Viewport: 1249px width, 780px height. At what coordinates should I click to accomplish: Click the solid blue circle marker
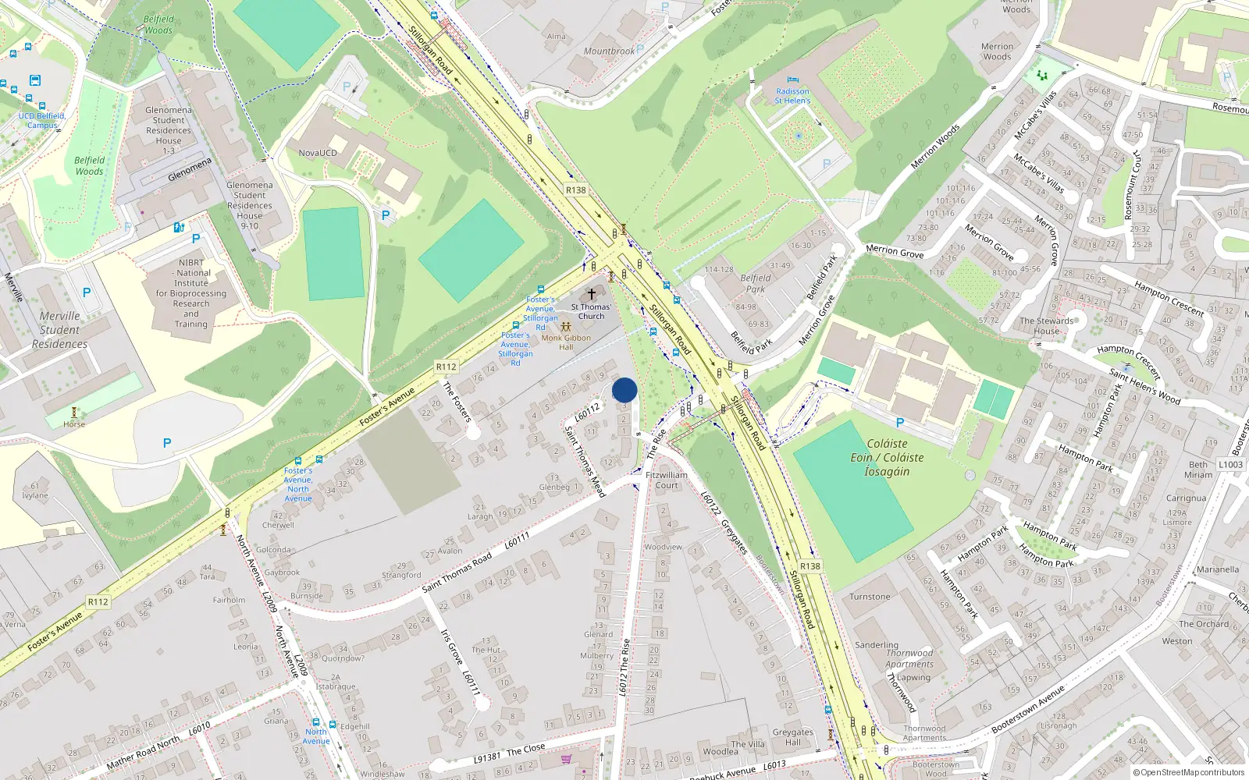point(624,390)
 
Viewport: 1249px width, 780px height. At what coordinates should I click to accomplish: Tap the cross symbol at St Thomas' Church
point(592,294)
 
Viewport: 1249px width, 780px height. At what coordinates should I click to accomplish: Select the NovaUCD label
point(318,153)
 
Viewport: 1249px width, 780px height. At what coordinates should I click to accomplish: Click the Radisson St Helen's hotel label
point(792,96)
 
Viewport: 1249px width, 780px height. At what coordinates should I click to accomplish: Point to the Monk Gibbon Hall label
point(566,342)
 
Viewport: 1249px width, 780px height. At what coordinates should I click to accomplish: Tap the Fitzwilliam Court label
point(667,480)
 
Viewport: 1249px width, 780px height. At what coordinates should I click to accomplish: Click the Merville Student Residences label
point(60,330)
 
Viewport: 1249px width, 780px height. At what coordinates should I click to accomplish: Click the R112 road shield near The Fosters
point(446,367)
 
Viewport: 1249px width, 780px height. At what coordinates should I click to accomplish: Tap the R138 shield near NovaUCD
point(575,190)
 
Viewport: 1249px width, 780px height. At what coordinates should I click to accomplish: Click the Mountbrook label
point(609,51)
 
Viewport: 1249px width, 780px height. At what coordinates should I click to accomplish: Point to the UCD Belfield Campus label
point(42,120)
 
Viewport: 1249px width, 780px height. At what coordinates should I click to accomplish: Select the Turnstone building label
point(870,597)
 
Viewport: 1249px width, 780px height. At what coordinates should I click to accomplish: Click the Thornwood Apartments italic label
point(909,659)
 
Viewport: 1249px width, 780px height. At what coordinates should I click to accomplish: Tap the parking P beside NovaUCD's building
point(385,215)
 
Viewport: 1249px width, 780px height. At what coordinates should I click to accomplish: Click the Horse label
point(74,424)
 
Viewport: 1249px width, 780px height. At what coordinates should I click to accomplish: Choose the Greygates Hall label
point(792,737)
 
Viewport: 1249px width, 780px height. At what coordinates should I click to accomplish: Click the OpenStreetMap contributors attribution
point(1189,773)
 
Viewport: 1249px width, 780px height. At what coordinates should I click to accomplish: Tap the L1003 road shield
point(1230,465)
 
